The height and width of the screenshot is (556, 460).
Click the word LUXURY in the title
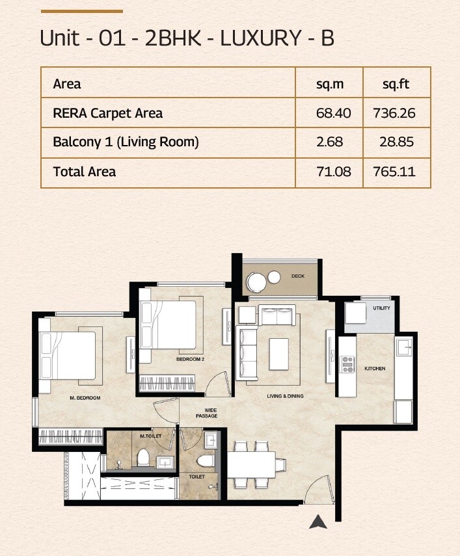(260, 38)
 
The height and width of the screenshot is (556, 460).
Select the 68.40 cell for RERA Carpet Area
(333, 113)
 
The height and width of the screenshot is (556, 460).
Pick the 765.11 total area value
(394, 172)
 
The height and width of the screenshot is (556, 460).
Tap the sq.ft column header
(396, 84)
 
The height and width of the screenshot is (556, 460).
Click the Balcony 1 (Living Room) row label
(126, 142)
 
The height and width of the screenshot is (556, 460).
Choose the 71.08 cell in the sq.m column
(333, 172)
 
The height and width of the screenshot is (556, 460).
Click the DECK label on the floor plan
(298, 276)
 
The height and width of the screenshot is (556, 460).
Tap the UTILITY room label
(381, 308)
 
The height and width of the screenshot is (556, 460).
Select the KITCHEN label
(375, 369)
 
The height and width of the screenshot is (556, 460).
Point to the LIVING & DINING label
(285, 396)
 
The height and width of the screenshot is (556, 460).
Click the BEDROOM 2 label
(191, 359)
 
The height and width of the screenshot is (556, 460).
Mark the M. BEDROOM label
(85, 397)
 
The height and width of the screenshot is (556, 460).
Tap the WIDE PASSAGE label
(208, 412)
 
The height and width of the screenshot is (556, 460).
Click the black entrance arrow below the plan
(318, 521)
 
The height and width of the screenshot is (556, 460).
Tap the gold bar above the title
(81, 11)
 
